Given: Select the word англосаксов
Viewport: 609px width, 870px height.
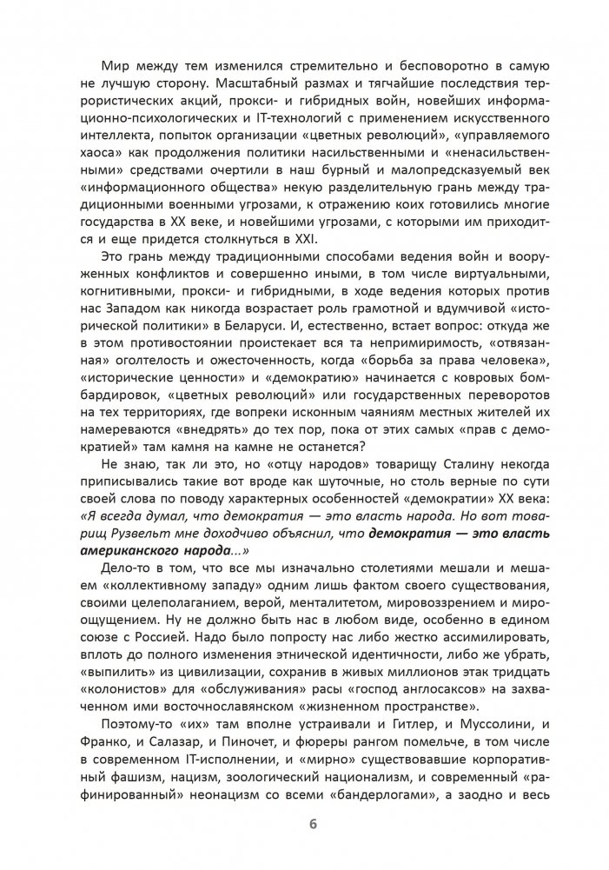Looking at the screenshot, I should coord(428,681).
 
